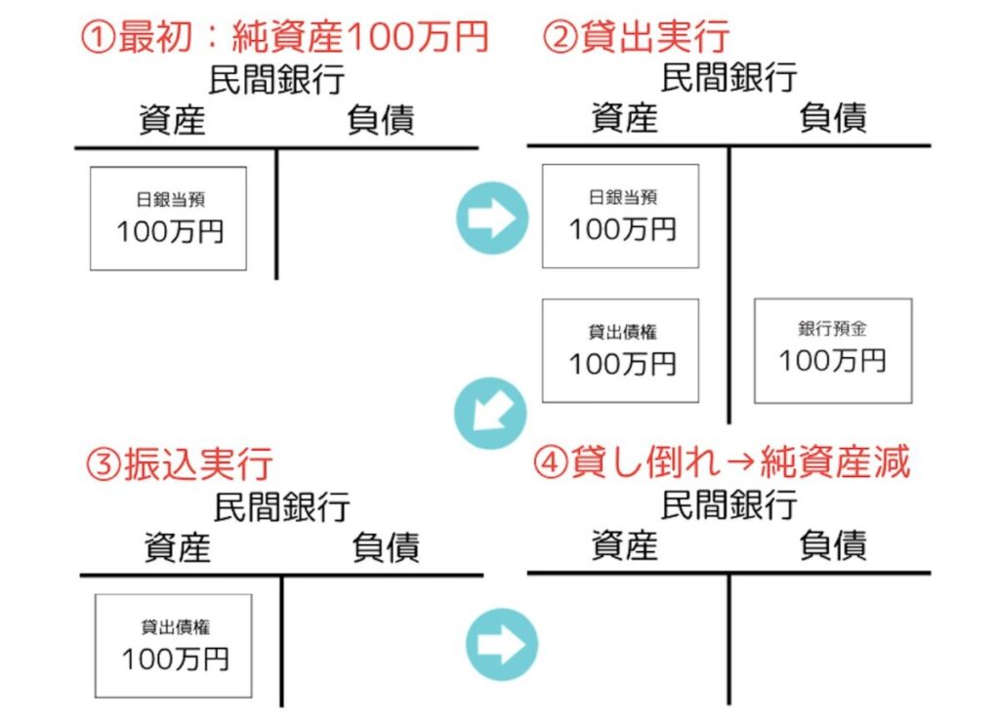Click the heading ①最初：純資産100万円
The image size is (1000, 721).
click(283, 37)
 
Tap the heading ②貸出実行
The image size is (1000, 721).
click(637, 37)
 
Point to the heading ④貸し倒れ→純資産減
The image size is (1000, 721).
click(722, 463)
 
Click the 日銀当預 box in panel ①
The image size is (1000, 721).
click(168, 219)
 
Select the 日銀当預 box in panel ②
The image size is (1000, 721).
click(620, 216)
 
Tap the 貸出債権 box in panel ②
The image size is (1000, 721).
click(620, 350)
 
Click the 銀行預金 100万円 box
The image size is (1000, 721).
click(832, 350)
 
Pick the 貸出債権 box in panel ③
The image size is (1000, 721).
click(173, 645)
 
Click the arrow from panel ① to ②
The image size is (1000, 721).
click(491, 219)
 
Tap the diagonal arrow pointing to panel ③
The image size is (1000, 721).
click(489, 413)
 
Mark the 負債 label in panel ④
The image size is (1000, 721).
click(832, 545)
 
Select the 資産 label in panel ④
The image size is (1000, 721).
click(624, 545)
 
